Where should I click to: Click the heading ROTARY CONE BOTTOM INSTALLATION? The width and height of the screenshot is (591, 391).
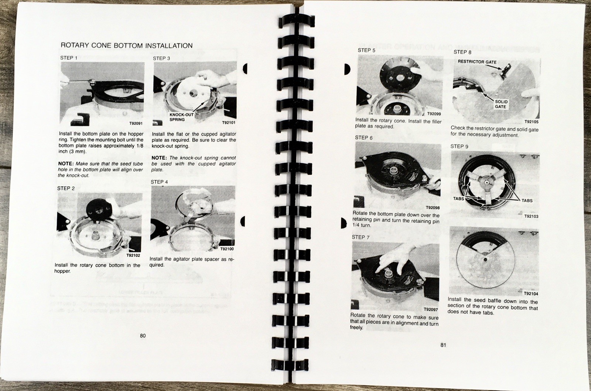point(127,45)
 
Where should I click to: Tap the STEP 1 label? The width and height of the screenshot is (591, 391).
point(69,58)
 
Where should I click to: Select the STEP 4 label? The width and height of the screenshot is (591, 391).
point(159,182)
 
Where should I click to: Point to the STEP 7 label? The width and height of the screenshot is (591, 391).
point(361,237)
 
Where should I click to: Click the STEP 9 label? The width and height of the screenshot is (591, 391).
point(460,146)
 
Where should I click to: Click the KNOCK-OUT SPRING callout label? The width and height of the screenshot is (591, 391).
point(181,117)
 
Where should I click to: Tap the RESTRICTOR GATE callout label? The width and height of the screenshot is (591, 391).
point(477,62)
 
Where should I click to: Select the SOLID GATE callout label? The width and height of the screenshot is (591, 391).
point(501,104)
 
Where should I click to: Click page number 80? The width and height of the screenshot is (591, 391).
point(143,336)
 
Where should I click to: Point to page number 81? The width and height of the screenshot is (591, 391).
point(443,345)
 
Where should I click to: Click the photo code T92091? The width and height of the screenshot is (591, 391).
point(136,123)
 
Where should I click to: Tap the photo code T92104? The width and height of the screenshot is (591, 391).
point(531,293)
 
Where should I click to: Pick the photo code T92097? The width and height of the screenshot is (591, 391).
point(431,309)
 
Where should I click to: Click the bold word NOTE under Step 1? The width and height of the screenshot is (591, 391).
point(65,164)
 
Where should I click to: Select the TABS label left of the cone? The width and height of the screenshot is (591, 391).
point(458,198)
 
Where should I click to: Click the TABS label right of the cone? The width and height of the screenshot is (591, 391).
point(527,201)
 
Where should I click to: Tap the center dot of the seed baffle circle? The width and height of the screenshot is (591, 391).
point(485,260)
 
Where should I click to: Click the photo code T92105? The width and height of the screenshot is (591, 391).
point(532,122)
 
